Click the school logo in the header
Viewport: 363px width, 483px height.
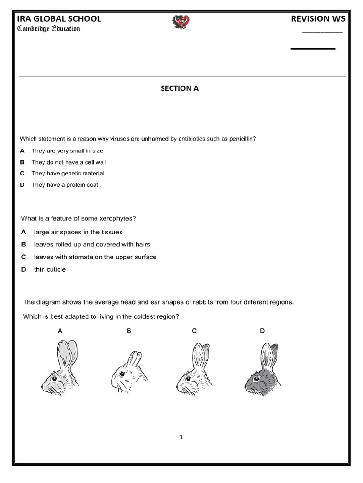pos(181,22)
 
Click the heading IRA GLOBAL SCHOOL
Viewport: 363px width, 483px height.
pos(59,19)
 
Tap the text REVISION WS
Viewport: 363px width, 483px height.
pos(318,19)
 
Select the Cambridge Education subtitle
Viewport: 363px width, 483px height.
pos(49,29)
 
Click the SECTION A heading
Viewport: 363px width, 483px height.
pos(180,88)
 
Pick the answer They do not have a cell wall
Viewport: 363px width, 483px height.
pos(69,162)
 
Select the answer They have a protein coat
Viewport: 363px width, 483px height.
pos(66,185)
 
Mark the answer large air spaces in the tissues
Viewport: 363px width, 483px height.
pos(78,232)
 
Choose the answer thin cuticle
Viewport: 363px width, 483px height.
pos(50,269)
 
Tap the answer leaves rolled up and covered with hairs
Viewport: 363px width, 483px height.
pos(92,244)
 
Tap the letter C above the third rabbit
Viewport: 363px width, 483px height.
pos(194,331)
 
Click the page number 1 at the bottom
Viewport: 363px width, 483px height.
pos(181,437)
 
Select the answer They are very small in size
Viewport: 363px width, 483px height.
pos(68,150)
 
